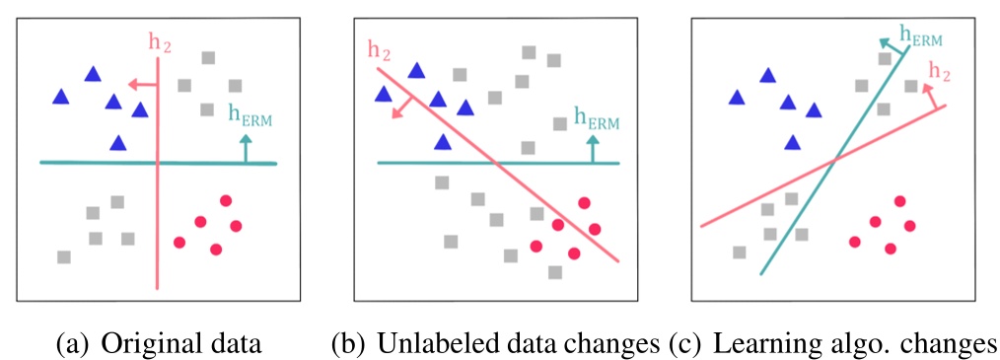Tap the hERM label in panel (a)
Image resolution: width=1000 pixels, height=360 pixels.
pos(250,116)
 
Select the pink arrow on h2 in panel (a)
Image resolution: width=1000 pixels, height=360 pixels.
pos(144,86)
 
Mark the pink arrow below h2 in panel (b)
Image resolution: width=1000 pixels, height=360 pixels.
pos(401,108)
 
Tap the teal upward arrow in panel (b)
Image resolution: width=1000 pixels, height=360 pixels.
pos(593,149)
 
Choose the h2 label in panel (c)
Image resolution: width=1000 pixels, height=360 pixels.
pos(940,72)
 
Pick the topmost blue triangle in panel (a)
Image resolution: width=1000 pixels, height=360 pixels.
pos(93,73)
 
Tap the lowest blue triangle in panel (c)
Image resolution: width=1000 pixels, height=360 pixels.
pos(792,143)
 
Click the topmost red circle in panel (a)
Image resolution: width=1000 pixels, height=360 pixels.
pos(225,200)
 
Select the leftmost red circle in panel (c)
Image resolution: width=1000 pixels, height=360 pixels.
pos(854,242)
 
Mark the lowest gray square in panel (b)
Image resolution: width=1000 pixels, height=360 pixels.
pos(555,272)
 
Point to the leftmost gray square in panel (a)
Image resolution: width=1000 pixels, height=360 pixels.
pos(64,257)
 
